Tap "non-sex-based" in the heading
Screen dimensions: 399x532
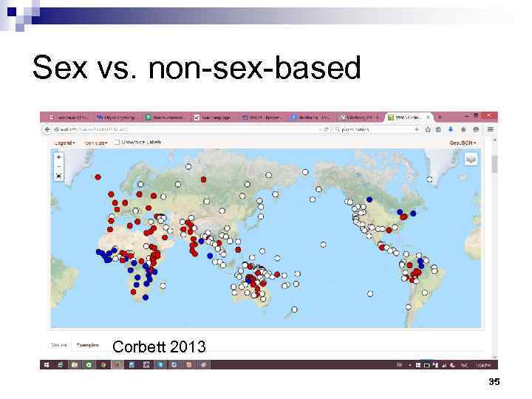point(254,69)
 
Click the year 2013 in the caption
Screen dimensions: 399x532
point(190,347)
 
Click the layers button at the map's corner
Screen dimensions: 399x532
point(471,159)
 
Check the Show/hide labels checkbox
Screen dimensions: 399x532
point(117,142)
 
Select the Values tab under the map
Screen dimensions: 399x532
point(59,345)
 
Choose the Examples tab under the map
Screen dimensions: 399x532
point(88,345)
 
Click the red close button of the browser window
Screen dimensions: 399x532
point(488,116)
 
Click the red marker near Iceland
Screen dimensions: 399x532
point(98,177)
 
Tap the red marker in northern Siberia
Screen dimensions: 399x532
point(203,179)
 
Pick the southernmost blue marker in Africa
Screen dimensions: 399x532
point(146,297)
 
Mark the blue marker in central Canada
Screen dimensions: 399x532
point(369,199)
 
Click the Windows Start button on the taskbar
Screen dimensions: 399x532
point(46,364)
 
